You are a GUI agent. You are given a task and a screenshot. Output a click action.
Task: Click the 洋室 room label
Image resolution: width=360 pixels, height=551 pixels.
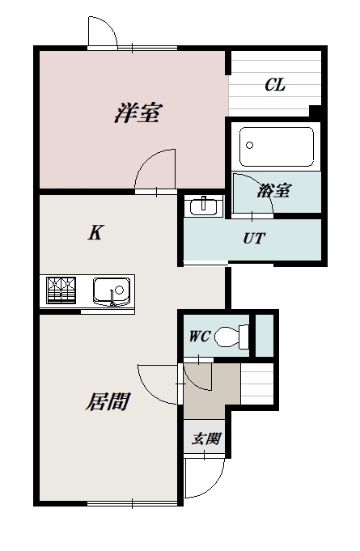138,112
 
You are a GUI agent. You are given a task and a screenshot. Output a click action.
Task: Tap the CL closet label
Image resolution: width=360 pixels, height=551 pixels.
275,85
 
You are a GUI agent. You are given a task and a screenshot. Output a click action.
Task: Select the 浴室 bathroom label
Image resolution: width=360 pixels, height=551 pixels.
274,190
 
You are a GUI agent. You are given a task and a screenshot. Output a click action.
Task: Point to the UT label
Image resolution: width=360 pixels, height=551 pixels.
254,239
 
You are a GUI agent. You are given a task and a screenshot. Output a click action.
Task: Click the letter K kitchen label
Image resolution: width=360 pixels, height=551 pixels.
95,232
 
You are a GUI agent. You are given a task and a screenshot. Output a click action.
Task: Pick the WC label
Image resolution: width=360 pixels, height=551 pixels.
200,337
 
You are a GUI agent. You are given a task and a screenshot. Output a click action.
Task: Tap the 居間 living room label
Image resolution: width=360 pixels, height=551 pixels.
108,401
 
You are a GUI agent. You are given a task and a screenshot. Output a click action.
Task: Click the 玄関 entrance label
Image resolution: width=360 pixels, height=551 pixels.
206,439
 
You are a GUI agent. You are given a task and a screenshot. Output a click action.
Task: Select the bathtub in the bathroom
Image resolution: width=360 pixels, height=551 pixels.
277,147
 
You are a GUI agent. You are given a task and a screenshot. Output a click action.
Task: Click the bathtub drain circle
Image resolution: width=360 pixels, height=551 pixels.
249,145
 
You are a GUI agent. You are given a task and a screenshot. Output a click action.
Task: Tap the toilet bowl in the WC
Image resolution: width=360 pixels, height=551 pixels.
231,337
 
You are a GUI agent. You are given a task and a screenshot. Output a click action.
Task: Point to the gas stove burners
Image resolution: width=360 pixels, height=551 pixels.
61,290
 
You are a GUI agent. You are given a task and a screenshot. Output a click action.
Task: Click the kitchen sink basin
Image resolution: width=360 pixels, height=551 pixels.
112,291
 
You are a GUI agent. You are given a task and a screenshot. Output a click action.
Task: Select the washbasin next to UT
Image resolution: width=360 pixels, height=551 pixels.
204,206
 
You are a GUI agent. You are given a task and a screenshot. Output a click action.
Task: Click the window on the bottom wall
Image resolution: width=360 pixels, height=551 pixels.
132,503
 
